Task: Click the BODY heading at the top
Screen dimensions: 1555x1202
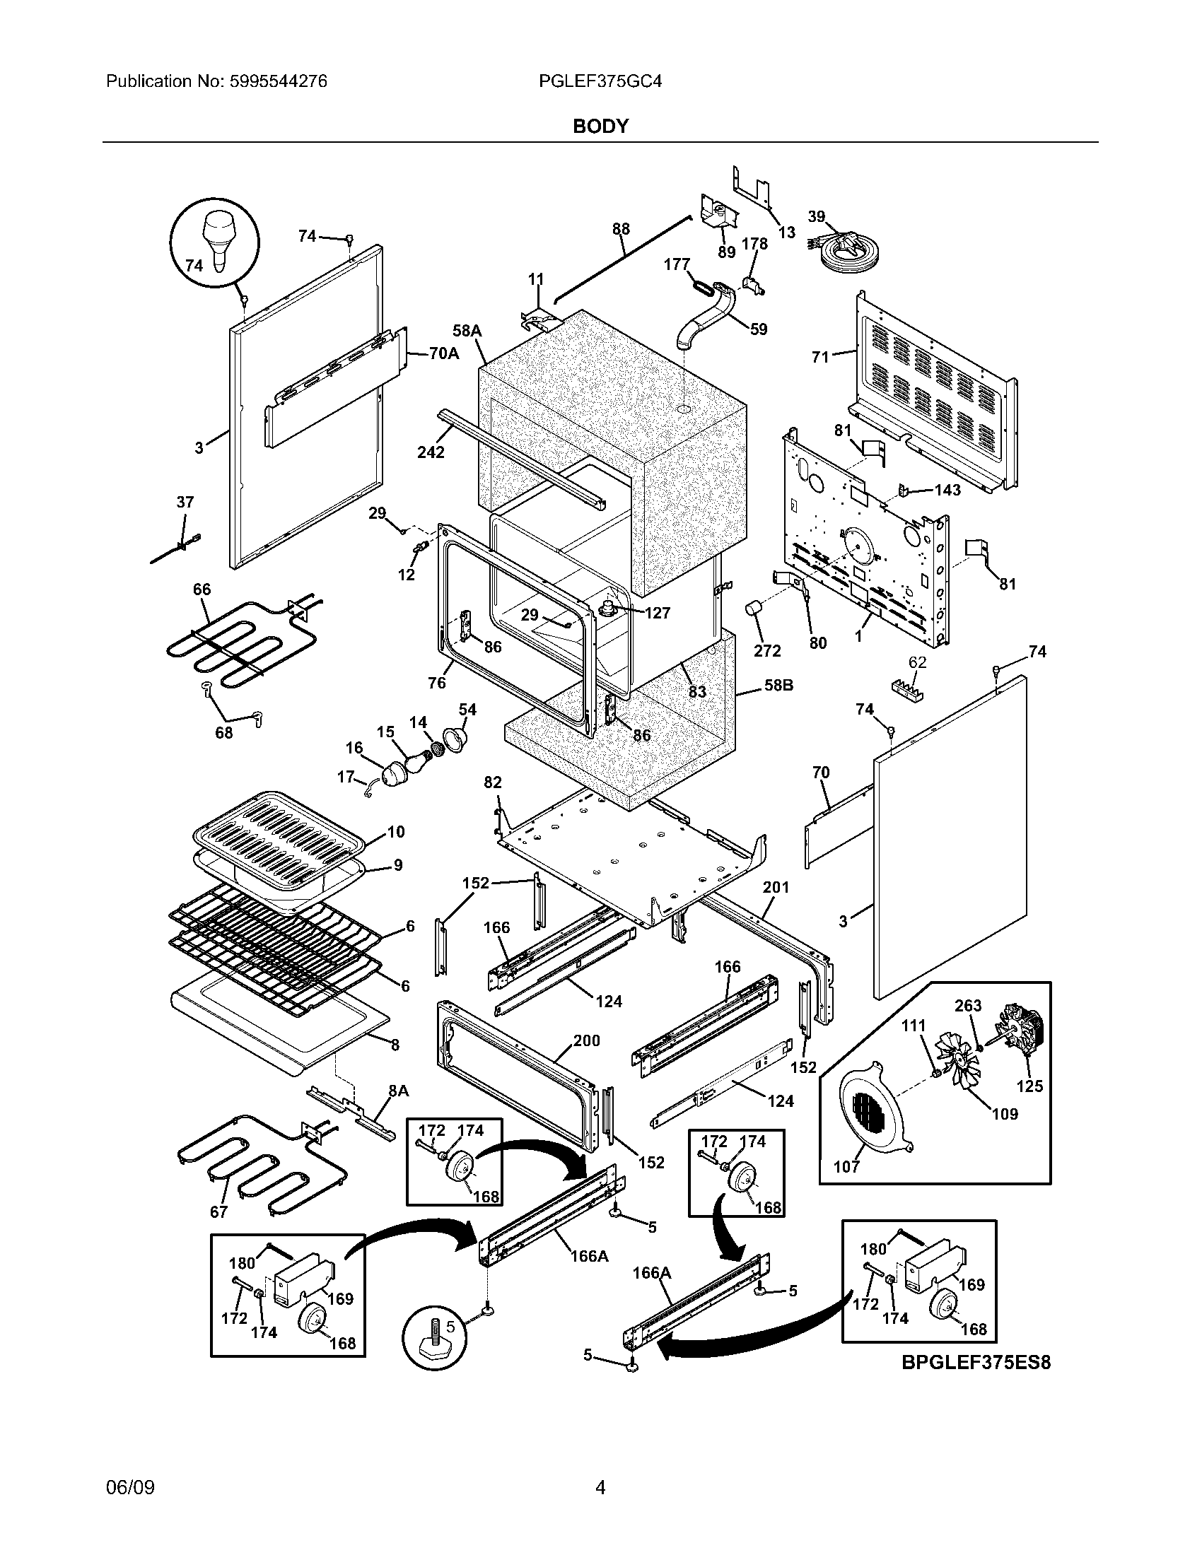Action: click(x=600, y=126)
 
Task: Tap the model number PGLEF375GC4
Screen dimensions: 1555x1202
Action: click(x=600, y=81)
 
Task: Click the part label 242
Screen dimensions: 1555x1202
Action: click(x=431, y=452)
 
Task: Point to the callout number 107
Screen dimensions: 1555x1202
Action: click(x=846, y=1166)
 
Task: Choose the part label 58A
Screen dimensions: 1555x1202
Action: click(x=467, y=330)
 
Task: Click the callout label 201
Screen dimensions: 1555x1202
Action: click(x=776, y=887)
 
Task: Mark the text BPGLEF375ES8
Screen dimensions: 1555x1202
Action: click(x=976, y=1362)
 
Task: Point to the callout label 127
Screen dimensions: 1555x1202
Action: click(x=657, y=612)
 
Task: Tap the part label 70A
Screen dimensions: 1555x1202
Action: click(x=443, y=353)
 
